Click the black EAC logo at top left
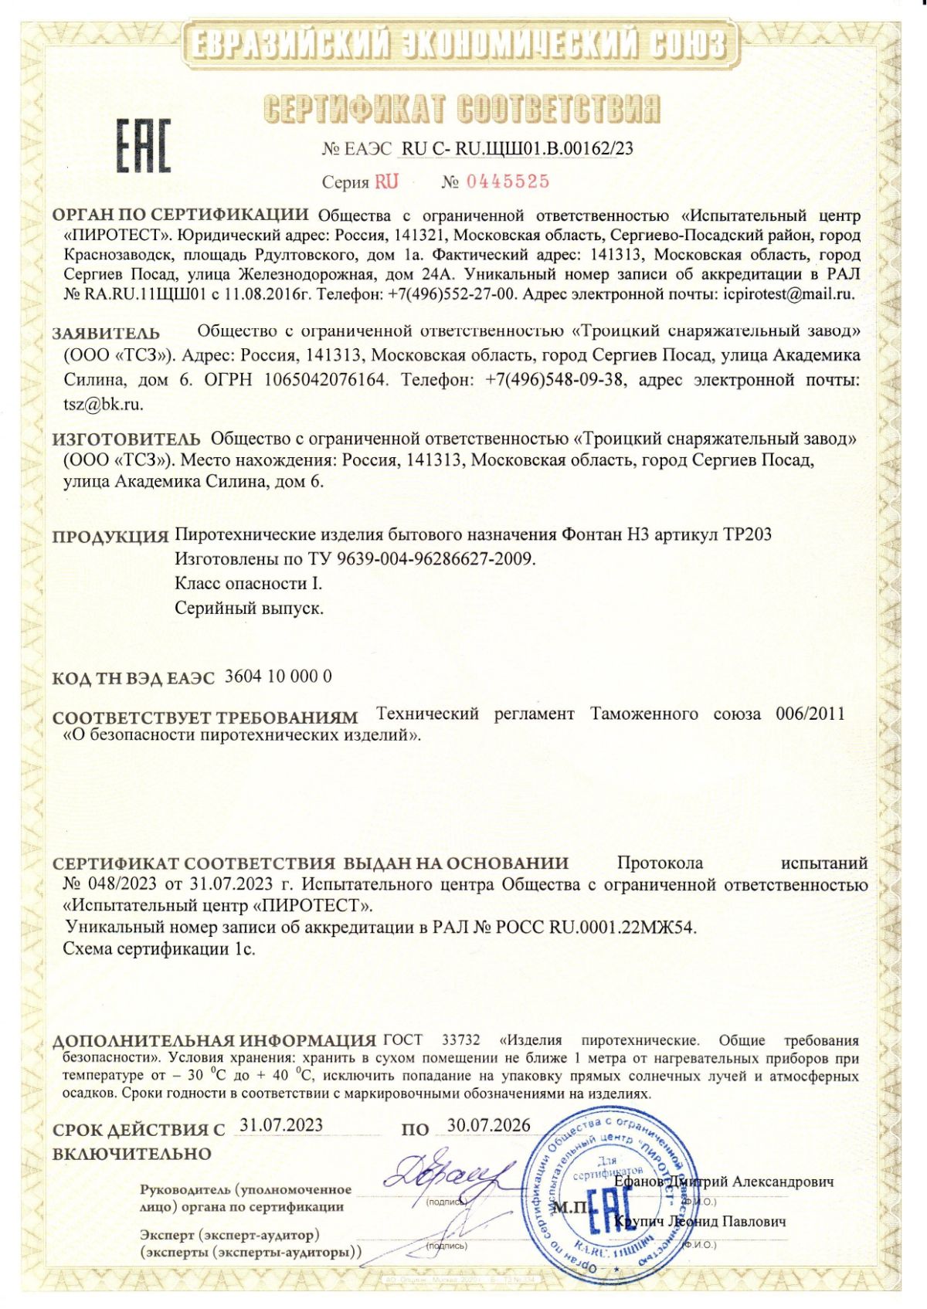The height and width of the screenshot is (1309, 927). click(143, 146)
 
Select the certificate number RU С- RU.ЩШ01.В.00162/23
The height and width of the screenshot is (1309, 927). click(518, 148)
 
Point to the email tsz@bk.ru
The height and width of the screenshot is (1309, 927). click(103, 403)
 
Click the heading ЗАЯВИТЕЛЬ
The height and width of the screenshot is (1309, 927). click(106, 334)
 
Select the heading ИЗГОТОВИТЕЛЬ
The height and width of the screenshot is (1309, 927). click(126, 439)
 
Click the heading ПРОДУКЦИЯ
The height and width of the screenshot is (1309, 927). click(110, 536)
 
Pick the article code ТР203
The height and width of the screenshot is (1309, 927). click(747, 534)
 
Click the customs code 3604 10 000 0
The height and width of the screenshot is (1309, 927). click(278, 677)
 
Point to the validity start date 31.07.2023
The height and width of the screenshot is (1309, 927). click(281, 1125)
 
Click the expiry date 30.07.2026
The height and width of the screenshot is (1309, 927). click(489, 1125)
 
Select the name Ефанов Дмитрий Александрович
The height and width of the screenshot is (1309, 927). click(725, 1182)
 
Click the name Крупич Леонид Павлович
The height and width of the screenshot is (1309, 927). click(700, 1222)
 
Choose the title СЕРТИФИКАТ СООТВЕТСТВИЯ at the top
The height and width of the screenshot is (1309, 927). click(462, 109)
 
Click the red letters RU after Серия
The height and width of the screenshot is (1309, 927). click(387, 181)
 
